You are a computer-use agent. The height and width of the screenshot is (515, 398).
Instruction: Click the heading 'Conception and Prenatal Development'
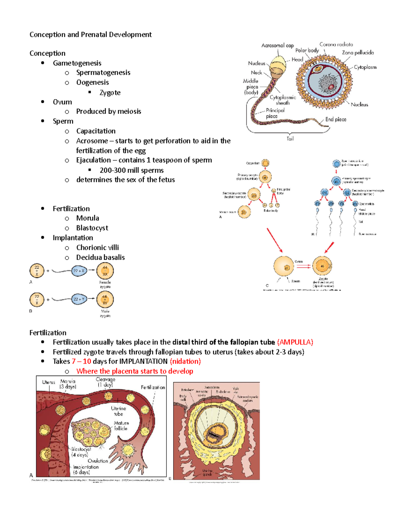pos(91,34)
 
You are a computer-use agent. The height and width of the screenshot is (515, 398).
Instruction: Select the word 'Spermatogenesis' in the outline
pos(103,73)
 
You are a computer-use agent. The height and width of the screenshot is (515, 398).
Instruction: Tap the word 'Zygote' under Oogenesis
pos(110,93)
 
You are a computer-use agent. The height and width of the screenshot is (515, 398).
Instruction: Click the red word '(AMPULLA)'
pos(295,342)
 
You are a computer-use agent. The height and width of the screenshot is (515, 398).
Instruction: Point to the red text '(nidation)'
pos(185,361)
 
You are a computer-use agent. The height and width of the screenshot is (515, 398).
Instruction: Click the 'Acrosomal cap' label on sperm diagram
pos(277,45)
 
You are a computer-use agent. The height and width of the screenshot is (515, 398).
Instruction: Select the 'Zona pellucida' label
pos(358,53)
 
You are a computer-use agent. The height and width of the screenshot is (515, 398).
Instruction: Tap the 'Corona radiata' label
pos(336,44)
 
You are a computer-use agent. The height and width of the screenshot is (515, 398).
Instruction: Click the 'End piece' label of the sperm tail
pos(336,119)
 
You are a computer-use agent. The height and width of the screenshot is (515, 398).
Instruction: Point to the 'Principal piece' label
pos(275,113)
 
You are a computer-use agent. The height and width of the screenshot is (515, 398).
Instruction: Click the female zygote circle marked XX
pos(105,271)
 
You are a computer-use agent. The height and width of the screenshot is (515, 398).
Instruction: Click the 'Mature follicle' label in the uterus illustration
pos(121,425)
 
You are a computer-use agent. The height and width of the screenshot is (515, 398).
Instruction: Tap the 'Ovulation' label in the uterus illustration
pos(98,461)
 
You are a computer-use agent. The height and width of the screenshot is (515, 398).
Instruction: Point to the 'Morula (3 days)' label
pos(68,384)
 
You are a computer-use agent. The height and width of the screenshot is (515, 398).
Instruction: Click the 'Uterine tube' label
pos(118,411)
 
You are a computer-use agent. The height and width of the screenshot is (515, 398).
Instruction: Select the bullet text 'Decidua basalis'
pos(100,257)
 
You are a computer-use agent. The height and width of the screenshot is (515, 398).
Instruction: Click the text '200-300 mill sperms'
pos(132,170)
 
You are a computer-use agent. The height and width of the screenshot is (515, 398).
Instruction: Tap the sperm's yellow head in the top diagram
pos(278,65)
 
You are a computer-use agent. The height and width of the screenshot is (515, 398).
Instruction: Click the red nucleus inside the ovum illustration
pos(331,87)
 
